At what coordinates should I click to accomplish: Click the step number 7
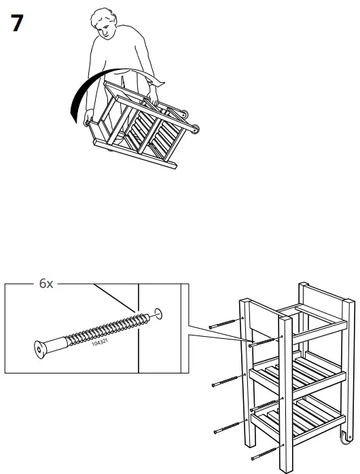point(16,24)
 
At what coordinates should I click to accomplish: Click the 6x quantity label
point(46,285)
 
